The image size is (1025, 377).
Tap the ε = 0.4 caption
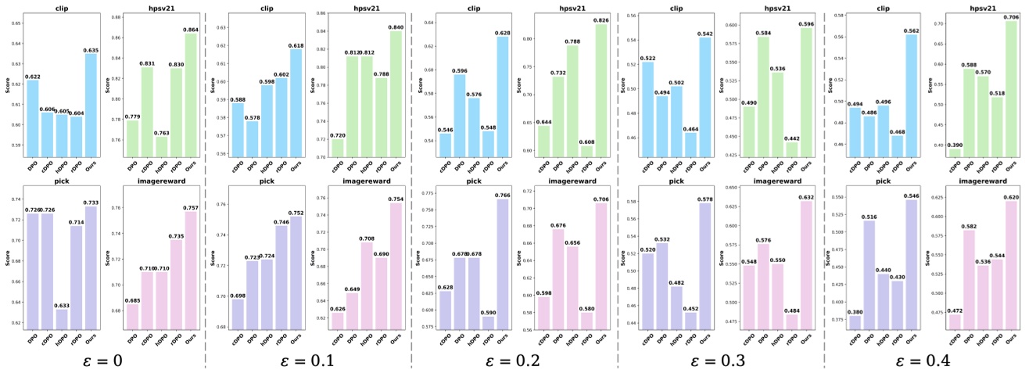923,361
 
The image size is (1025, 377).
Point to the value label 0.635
91,50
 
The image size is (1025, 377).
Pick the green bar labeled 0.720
338,149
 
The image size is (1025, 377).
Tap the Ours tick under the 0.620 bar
1011,339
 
